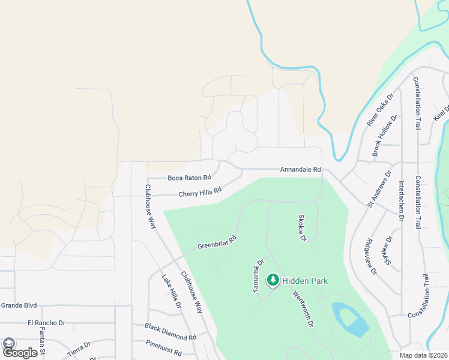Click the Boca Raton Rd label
click(x=189, y=178)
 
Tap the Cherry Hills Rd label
click(x=200, y=193)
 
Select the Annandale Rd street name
click(x=300, y=170)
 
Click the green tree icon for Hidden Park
click(x=273, y=280)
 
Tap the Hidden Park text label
click(x=305, y=281)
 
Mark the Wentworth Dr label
click(x=303, y=309)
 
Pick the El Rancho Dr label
click(x=46, y=323)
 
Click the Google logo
click(x=20, y=352)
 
